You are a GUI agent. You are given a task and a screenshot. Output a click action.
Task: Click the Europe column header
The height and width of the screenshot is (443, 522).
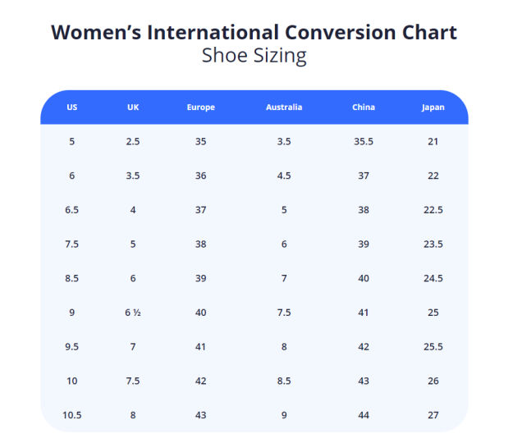coord(200,107)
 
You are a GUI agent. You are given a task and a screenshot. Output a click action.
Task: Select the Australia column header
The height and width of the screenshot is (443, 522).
coord(284,107)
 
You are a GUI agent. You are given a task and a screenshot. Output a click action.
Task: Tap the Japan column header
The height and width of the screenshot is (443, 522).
coord(433,107)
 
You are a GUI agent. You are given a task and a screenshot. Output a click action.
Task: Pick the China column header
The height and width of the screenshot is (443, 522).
coord(363,107)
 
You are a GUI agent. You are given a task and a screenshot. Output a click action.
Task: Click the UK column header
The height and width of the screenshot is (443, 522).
coord(133,107)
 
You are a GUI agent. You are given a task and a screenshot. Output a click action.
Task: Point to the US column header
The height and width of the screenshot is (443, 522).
coord(72,107)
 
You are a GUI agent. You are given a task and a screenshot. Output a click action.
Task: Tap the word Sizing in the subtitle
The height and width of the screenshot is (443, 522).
coord(279,57)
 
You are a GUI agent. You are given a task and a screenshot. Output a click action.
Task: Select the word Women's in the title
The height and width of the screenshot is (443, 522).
coord(95,33)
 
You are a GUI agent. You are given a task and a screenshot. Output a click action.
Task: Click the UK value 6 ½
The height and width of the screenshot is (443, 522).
coord(133,313)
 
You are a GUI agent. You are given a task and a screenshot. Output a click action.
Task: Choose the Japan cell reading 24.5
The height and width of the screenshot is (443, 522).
coord(433,278)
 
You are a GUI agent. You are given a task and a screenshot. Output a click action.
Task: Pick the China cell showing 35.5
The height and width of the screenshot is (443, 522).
coord(363,142)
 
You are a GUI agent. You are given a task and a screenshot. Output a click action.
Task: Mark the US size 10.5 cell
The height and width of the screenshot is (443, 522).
coord(72,415)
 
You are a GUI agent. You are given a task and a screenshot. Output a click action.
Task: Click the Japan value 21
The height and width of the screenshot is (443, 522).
coord(433,142)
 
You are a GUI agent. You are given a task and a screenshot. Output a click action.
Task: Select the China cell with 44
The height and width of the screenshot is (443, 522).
coord(363,415)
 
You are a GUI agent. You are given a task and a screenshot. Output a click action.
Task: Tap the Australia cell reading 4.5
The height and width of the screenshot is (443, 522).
coord(284,176)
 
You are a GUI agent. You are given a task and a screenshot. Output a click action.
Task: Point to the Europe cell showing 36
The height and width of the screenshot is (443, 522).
coord(200,176)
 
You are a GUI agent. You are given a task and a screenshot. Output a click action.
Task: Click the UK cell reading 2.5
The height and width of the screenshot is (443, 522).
coord(133,142)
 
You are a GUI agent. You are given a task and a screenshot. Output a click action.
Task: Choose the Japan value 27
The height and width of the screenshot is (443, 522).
coord(433,415)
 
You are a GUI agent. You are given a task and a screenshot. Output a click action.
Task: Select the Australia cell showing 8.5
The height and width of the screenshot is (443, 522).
coord(284,381)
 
